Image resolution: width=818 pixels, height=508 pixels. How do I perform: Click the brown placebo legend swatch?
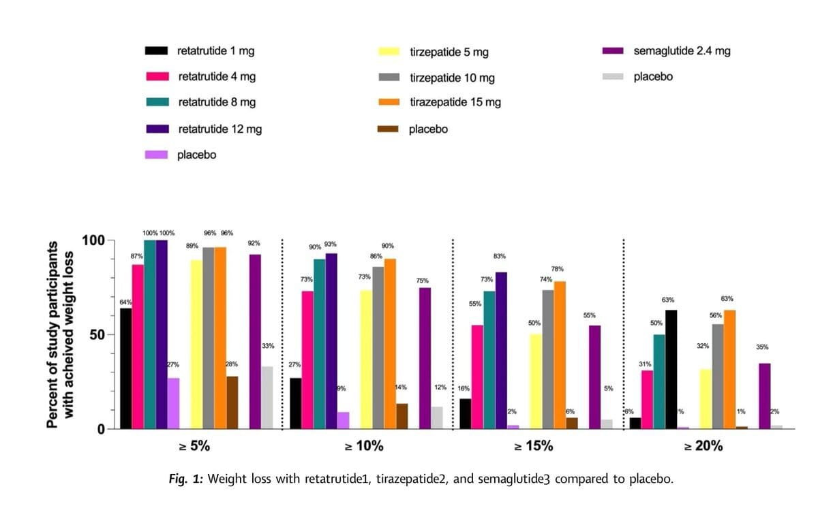click(389, 129)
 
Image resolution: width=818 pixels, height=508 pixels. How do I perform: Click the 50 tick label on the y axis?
click(97, 335)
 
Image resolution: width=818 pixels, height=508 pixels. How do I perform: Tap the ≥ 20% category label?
click(703, 447)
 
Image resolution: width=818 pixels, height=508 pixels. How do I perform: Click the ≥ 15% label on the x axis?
click(533, 447)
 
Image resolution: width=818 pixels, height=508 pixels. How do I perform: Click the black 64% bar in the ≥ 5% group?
click(126, 368)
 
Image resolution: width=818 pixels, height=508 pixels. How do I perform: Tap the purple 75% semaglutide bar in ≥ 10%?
click(425, 358)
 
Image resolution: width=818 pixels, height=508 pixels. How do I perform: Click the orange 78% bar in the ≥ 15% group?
click(560, 355)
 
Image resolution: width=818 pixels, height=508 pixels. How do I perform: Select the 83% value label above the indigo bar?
click(499, 257)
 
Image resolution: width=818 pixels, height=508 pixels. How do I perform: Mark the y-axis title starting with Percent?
click(59, 334)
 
